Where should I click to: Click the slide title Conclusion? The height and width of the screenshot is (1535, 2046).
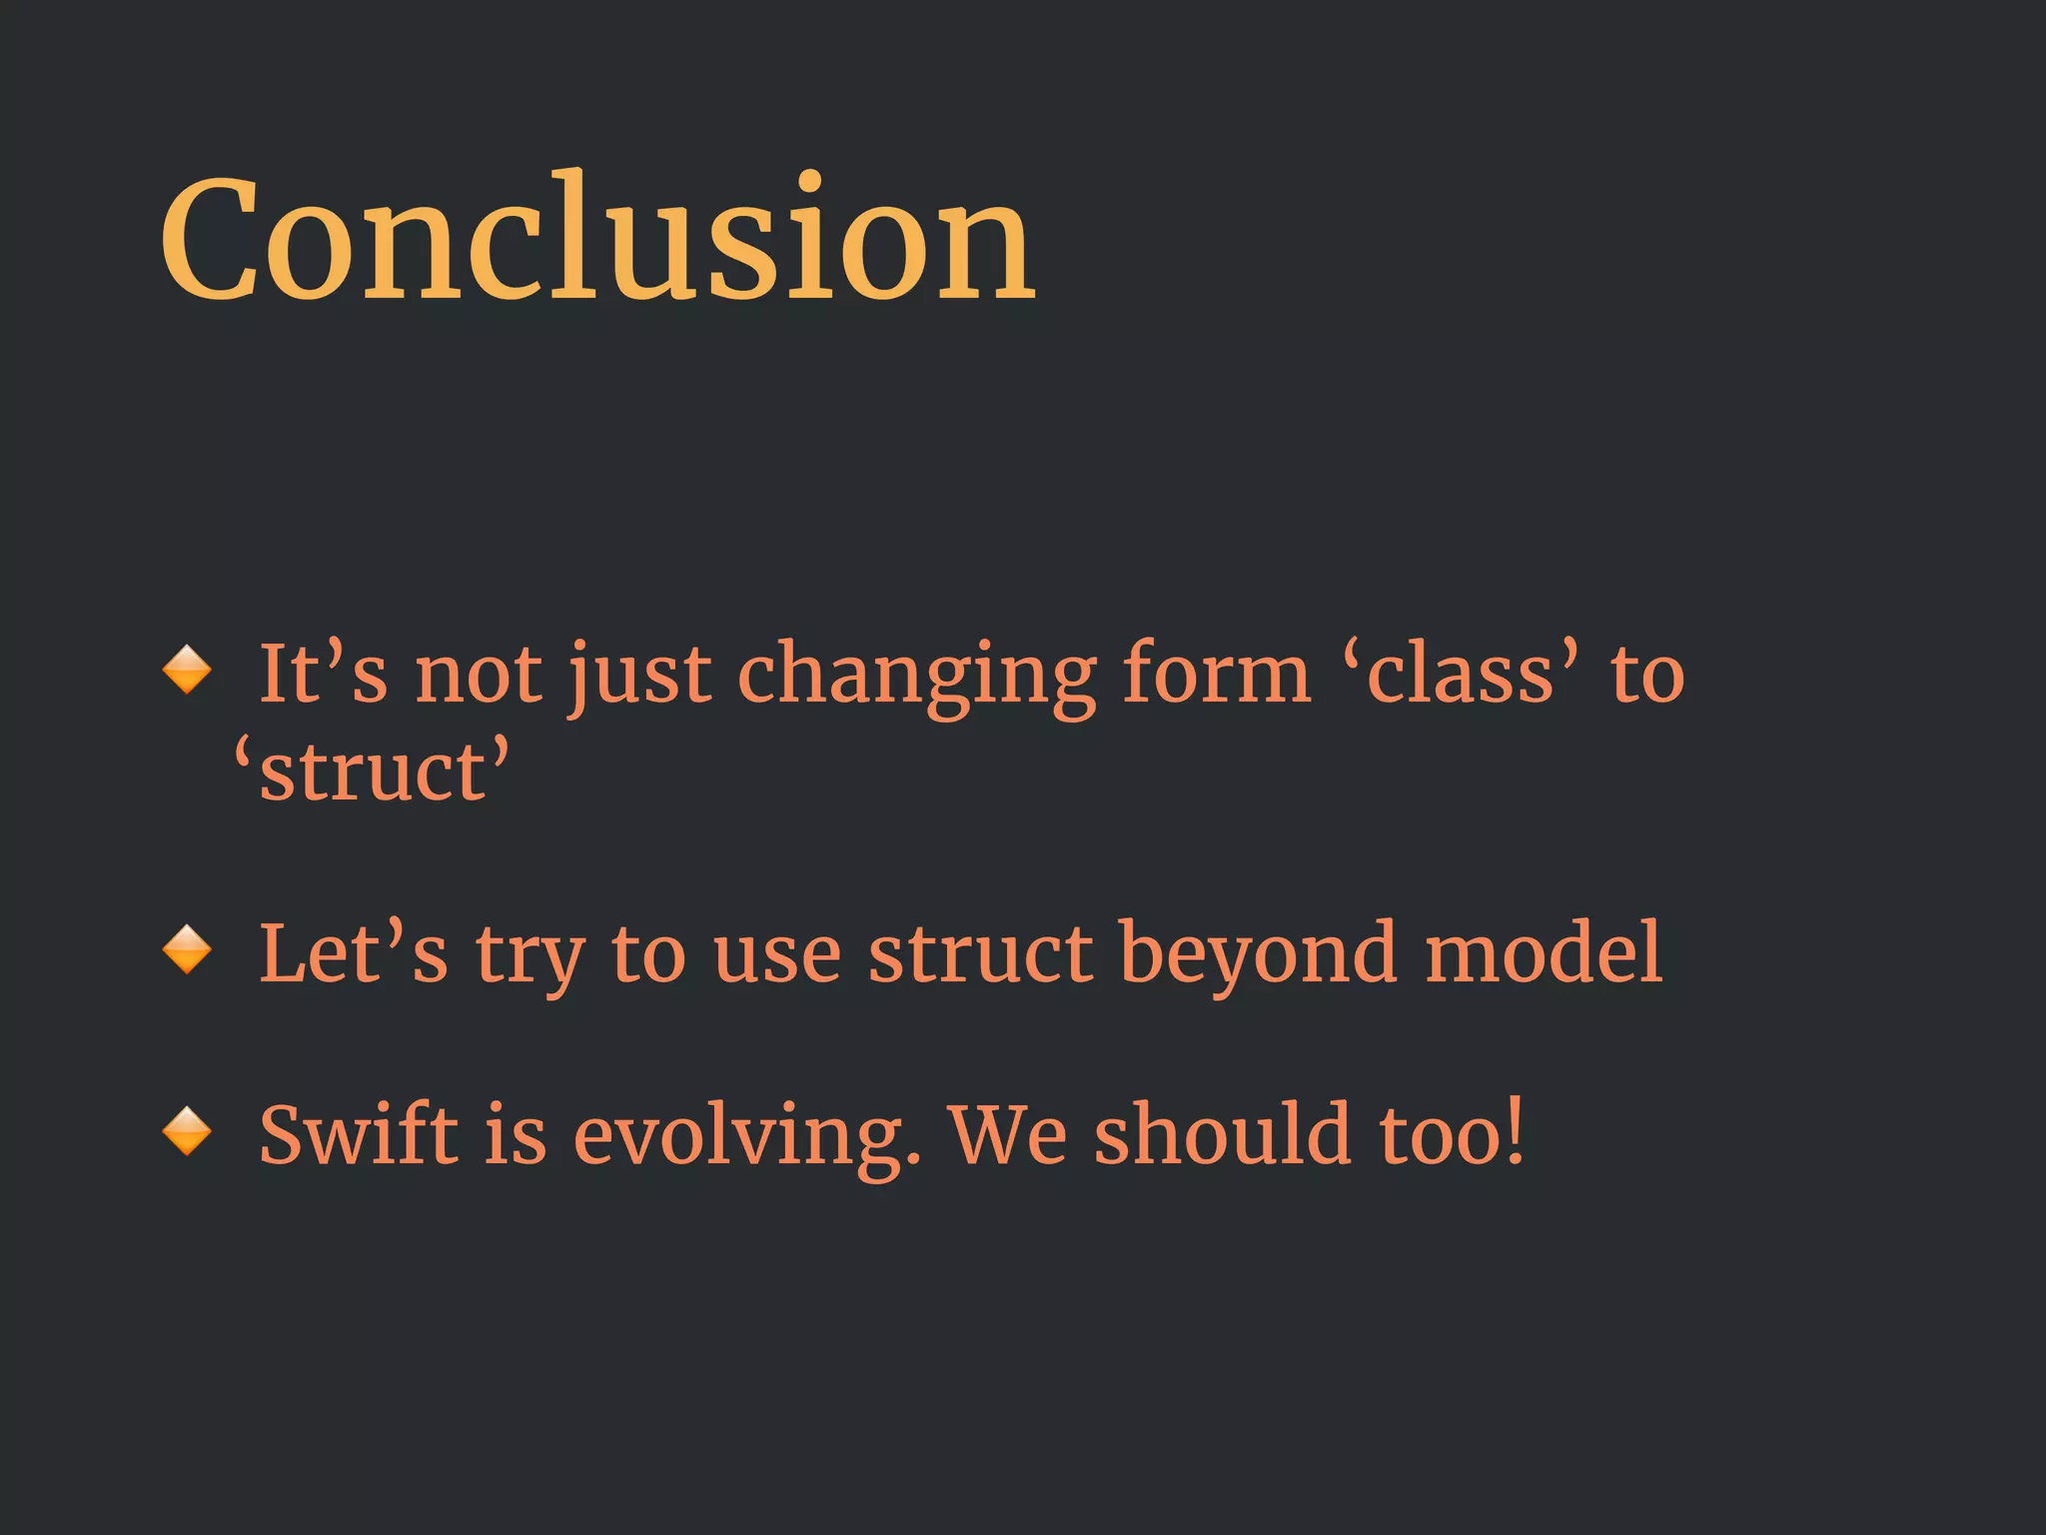pyautogui.click(x=597, y=240)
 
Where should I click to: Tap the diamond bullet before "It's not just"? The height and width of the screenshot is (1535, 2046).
pyautogui.click(x=187, y=670)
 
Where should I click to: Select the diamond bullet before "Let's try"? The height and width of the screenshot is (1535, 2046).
pyautogui.click(x=187, y=949)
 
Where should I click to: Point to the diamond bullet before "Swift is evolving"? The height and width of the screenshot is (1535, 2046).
pyautogui.click(x=187, y=1131)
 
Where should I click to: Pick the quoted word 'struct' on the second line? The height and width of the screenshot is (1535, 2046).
pyautogui.click(x=371, y=771)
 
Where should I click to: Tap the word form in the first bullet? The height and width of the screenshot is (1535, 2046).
pyautogui.click(x=1215, y=674)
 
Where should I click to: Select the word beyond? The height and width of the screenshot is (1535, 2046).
pyautogui.click(x=1258, y=955)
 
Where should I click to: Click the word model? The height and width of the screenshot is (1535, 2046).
pyautogui.click(x=1543, y=953)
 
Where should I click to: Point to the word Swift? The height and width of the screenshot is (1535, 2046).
pyautogui.click(x=359, y=1135)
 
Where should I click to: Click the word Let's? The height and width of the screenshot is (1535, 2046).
pyautogui.click(x=353, y=953)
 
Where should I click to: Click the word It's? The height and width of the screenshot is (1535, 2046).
pyautogui.click(x=322, y=674)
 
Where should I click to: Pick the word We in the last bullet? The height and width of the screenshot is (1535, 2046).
pyautogui.click(x=1008, y=1135)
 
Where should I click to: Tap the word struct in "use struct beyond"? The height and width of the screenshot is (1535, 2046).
pyautogui.click(x=980, y=953)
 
